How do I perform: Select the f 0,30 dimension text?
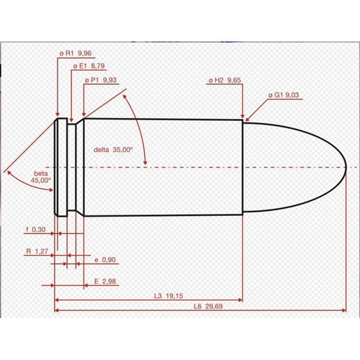click(35, 230)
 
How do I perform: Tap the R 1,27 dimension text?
click(36, 252)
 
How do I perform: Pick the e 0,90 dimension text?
click(106, 259)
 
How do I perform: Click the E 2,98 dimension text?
click(105, 280)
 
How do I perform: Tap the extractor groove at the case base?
click(70, 167)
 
